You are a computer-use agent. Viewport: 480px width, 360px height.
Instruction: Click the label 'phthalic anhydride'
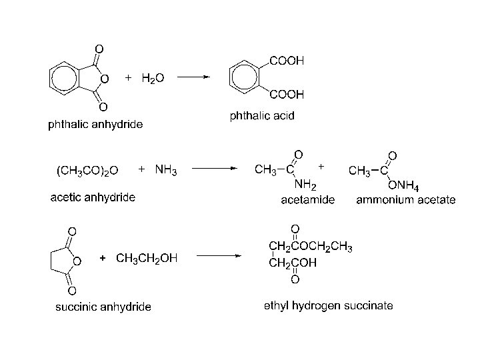tap(95, 124)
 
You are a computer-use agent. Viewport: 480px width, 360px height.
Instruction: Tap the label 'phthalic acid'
tap(262, 116)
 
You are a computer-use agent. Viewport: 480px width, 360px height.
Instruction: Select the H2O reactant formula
tap(153, 78)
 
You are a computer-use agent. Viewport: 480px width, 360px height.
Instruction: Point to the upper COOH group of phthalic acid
tap(287, 61)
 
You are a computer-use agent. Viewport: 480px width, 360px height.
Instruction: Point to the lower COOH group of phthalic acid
tap(287, 95)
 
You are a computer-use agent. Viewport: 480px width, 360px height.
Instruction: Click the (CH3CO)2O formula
tap(86, 170)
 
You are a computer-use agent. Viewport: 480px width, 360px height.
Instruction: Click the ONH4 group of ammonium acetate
tap(405, 185)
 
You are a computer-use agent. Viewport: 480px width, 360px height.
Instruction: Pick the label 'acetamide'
tap(308, 199)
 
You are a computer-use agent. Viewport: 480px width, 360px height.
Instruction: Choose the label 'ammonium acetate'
tap(406, 199)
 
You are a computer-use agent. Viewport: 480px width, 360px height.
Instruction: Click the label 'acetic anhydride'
tap(93, 197)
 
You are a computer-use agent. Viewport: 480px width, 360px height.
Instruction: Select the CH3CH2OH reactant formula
tap(147, 258)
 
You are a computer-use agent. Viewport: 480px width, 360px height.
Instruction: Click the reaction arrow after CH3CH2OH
tap(219, 256)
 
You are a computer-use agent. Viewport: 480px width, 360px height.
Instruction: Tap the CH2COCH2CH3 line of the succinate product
tap(310, 248)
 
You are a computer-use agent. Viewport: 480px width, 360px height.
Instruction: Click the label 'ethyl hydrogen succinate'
tap(328, 306)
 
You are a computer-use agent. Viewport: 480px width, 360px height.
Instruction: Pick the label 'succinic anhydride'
tap(103, 307)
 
